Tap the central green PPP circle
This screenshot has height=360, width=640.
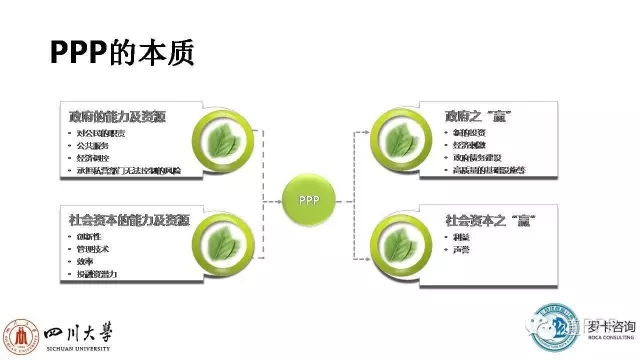(306, 199)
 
